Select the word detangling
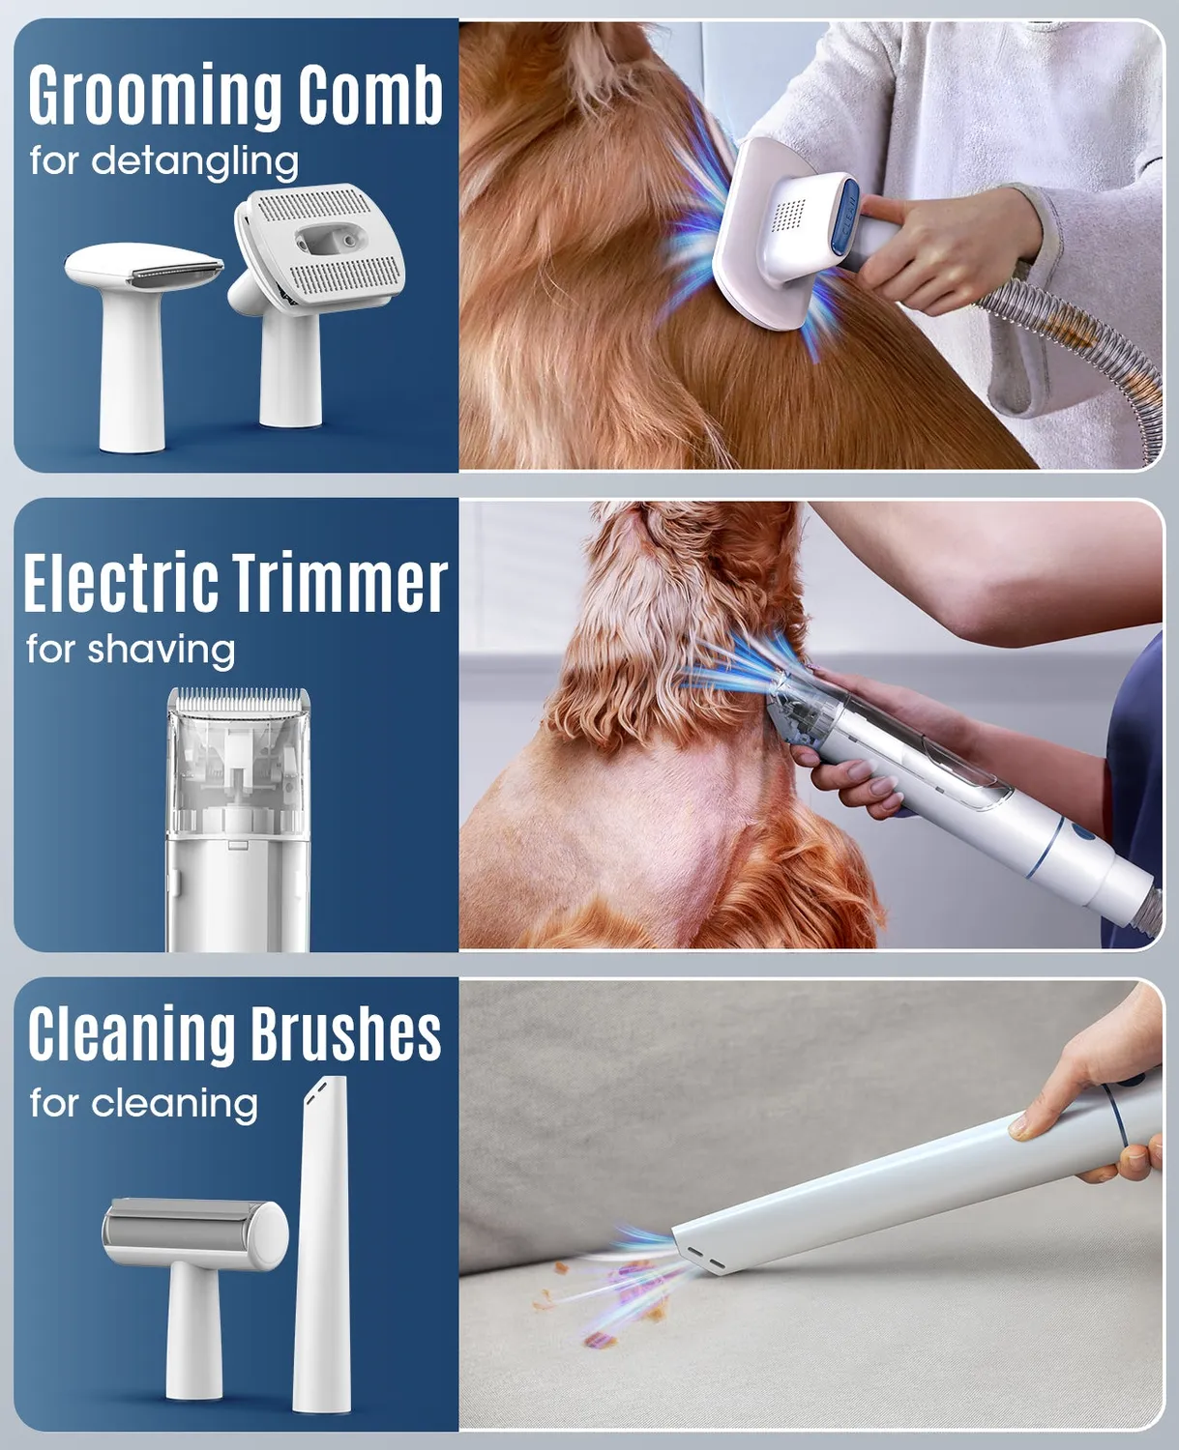(x=194, y=161)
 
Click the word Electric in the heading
(x=121, y=581)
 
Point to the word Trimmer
(x=339, y=581)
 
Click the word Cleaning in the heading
(x=131, y=1033)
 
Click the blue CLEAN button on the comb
(x=847, y=216)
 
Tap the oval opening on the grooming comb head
(x=331, y=241)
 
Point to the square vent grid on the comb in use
(x=789, y=216)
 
